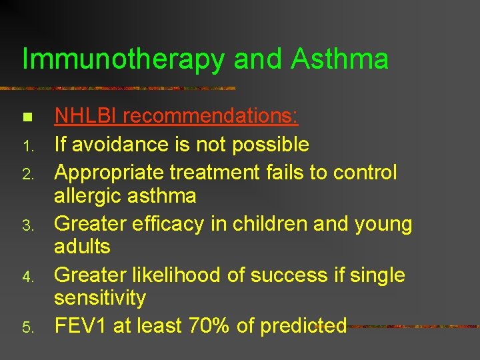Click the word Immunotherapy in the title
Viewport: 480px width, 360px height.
coord(123,60)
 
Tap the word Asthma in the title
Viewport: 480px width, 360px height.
coord(339,59)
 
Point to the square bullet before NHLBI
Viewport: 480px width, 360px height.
coord(27,118)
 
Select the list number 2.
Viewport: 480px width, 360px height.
coord(27,175)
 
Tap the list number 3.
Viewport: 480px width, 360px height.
coord(27,226)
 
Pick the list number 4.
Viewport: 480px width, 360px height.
coord(27,277)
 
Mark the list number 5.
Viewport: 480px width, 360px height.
coord(27,327)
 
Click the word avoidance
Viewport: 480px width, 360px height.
coord(114,144)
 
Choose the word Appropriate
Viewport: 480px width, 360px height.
coord(109,173)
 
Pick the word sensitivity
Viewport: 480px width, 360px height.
coord(100,298)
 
